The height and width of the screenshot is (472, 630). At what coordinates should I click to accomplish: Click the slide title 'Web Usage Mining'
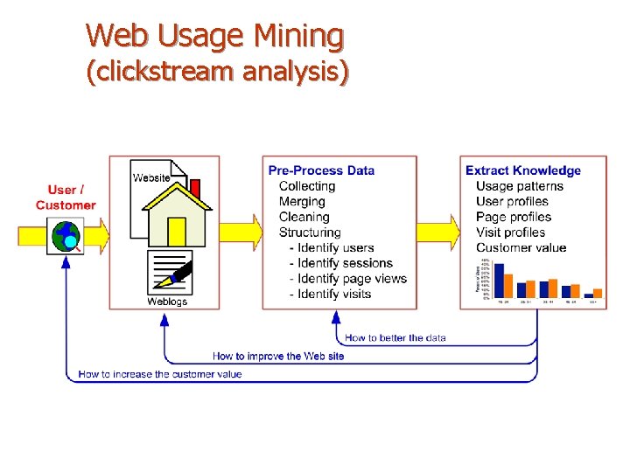point(214,36)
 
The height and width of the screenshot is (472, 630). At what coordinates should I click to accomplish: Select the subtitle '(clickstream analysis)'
point(217,71)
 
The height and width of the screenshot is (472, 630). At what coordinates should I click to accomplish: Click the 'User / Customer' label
point(66,198)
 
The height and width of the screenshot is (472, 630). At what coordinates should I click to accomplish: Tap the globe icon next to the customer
point(66,234)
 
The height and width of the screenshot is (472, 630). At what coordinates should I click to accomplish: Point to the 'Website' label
point(151,178)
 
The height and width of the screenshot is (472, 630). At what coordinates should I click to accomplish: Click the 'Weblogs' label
point(166,302)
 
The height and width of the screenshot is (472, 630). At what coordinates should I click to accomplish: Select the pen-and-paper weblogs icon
point(171,273)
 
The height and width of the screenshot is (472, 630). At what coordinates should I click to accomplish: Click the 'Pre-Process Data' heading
point(321,170)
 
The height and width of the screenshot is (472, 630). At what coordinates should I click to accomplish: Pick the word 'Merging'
point(302,202)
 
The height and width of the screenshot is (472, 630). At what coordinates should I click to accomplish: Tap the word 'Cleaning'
point(304,217)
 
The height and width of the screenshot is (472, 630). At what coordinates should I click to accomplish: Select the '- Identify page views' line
point(347,279)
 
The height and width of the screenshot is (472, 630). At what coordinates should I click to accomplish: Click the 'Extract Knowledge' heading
point(522,170)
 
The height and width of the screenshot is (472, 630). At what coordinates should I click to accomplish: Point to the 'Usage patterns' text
point(520,186)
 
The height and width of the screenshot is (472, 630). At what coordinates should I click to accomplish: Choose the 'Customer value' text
point(521,247)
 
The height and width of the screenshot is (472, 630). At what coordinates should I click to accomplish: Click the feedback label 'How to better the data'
point(395,338)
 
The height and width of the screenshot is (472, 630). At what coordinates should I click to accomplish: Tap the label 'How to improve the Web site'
point(278,356)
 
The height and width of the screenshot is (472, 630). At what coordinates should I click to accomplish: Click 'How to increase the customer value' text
point(160,374)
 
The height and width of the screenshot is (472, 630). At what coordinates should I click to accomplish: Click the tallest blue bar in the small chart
point(500,281)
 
